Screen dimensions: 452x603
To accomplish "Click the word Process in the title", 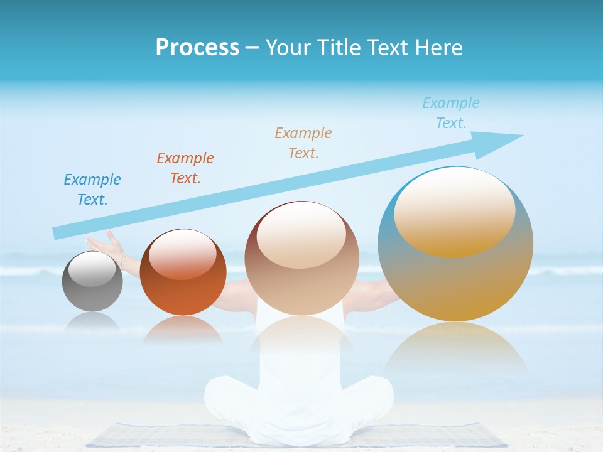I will click(x=197, y=48).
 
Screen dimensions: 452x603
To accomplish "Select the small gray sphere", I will click(x=92, y=282).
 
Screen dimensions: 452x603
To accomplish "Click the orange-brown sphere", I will click(x=183, y=272).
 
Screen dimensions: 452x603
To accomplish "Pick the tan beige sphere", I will click(x=301, y=259).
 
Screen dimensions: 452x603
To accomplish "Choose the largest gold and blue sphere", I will click(x=455, y=245).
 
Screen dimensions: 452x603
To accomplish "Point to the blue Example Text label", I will click(x=92, y=190).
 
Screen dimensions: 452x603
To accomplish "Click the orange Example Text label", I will click(x=185, y=168).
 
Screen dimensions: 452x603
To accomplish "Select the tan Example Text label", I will click(x=303, y=143).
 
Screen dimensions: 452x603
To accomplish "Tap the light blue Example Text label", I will click(x=451, y=113).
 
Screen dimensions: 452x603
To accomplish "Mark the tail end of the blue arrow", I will click(x=58, y=233).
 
